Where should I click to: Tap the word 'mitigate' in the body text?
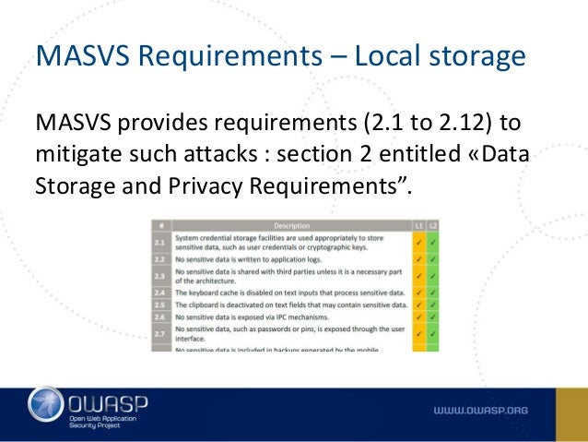[79, 153]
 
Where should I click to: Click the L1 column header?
[417, 224]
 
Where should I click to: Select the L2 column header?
[432, 224]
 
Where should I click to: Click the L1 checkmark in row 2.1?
[417, 243]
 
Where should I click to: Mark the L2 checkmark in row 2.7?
[432, 334]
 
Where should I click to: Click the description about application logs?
[259, 259]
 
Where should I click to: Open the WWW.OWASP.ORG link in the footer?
[480, 408]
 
